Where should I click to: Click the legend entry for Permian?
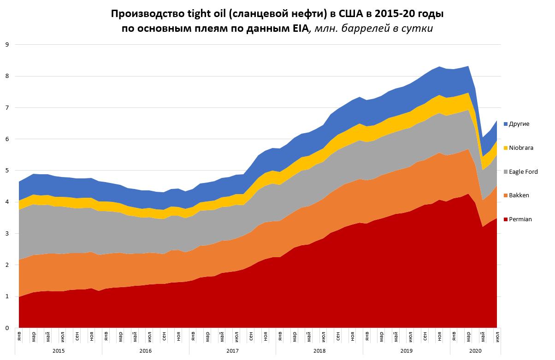520,219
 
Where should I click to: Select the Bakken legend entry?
520,195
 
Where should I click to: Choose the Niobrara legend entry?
521,148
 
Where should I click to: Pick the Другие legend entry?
520,124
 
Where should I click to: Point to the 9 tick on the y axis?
7,45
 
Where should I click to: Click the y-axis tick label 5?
7,171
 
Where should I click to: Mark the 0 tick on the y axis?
7,328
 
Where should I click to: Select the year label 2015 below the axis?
58,351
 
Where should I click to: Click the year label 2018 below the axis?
319,351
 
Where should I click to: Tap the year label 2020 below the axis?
475,351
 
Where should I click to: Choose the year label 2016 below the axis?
145,351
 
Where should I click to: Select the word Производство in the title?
142,14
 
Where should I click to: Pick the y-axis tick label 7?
7,107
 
